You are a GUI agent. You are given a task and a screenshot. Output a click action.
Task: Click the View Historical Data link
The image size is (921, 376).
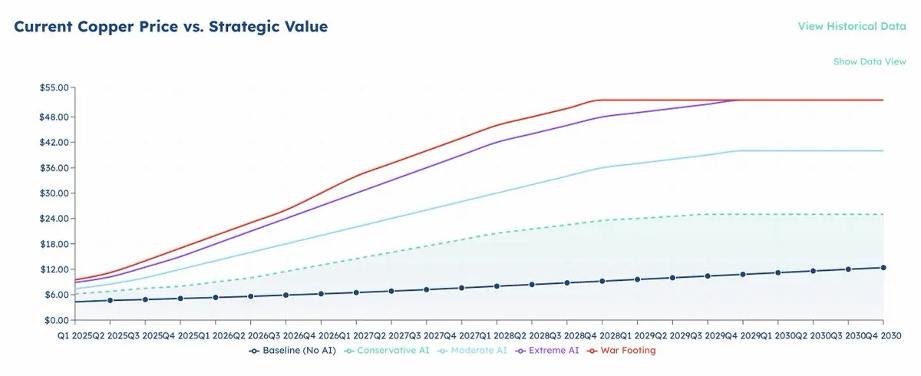click(852, 26)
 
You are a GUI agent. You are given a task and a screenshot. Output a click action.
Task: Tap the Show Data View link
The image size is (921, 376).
click(870, 61)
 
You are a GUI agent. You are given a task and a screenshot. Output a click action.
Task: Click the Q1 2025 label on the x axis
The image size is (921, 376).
click(76, 335)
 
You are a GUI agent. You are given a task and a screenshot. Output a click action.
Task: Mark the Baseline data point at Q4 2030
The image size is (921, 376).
click(883, 267)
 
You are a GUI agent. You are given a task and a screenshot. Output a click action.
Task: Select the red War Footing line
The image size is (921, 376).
click(460, 138)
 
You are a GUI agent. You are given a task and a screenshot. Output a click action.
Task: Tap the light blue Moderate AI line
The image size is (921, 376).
click(460, 203)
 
